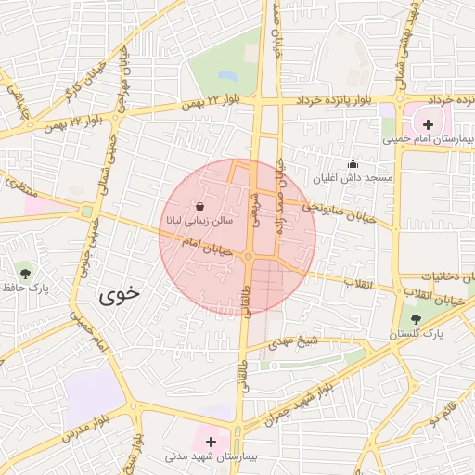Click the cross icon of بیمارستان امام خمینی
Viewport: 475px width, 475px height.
coord(428,124)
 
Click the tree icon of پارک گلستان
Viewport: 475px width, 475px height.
coord(415,318)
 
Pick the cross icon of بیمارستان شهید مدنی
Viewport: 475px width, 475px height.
coord(212,442)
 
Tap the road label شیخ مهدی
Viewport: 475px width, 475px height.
coord(294,343)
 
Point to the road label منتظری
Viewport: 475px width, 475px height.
coord(18,182)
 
